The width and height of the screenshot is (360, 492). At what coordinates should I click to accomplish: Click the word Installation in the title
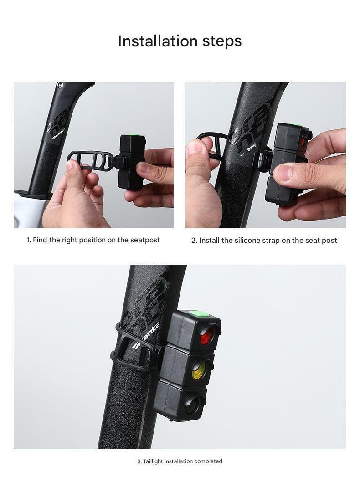pos(158,41)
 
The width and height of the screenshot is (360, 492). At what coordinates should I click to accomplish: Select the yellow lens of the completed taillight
pos(199,370)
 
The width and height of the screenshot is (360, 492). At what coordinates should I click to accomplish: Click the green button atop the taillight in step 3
pos(197,313)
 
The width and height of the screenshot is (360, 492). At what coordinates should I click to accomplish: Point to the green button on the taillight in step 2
pos(297,126)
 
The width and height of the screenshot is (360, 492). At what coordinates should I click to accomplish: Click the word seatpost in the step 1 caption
pos(145,240)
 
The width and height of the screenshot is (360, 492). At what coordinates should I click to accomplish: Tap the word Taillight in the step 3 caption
pos(153,461)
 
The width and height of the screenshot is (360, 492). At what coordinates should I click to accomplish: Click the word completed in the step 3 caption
pos(208,461)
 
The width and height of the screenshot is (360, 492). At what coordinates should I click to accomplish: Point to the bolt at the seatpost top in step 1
pos(60,85)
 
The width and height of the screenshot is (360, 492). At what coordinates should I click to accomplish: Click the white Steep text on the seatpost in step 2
pos(252,147)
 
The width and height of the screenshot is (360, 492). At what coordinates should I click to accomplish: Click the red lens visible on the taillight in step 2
pos(303,142)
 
